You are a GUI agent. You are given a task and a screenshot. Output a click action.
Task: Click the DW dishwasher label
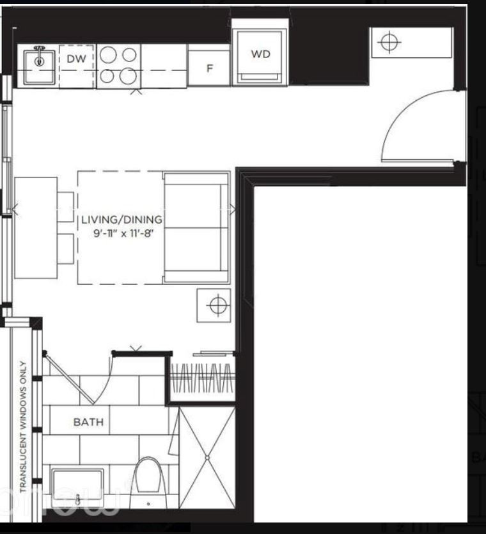[x=75, y=59]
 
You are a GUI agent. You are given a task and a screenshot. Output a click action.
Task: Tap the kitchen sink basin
[x=39, y=62]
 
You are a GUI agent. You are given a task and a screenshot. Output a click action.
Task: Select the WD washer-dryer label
[x=260, y=54]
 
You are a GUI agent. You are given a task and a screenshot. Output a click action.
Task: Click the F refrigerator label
[x=208, y=68]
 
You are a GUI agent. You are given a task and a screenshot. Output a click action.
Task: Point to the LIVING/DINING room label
[x=121, y=220]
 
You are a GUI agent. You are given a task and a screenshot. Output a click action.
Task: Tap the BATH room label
[x=88, y=422]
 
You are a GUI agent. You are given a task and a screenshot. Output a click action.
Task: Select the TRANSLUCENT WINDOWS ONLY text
[x=22, y=427]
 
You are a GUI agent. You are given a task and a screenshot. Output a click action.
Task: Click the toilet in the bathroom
[x=148, y=477]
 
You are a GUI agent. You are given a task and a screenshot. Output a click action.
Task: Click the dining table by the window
[x=35, y=227]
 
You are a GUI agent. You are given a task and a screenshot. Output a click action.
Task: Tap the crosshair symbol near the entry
[x=388, y=43]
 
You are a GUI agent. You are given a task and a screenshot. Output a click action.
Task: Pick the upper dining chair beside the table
[x=65, y=206]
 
